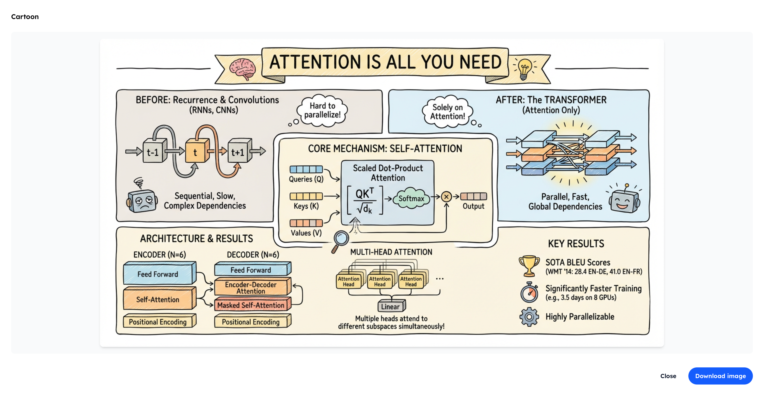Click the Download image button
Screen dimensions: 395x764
pos(720,376)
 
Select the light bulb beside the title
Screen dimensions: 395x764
pos(524,69)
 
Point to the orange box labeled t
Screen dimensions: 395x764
pos(195,152)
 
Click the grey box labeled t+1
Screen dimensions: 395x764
pos(238,152)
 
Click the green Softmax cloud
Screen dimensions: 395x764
pos(411,198)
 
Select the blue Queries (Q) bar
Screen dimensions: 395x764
pos(306,169)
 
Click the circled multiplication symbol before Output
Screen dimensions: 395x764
pos(446,197)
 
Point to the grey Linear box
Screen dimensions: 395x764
pos(391,306)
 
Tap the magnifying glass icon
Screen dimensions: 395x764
pos(341,240)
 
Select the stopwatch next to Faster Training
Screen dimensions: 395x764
pos(529,293)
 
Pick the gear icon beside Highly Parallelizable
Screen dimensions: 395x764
pos(529,317)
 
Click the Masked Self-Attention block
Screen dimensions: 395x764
pos(251,305)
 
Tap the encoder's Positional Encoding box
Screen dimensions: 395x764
pos(158,322)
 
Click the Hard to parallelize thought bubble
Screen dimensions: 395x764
pos(322,110)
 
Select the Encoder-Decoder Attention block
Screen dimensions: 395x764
pos(251,287)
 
